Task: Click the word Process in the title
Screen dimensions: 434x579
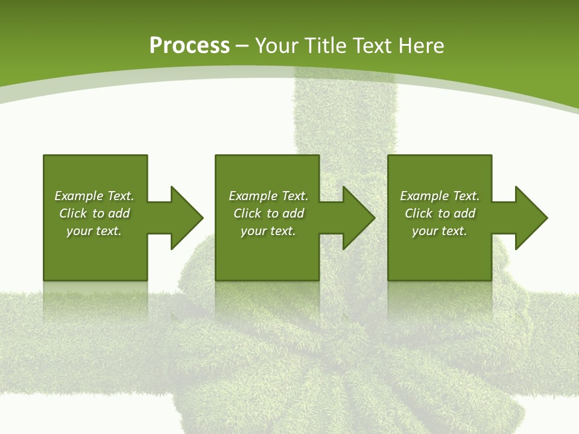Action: coord(189,46)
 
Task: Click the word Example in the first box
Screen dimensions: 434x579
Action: coord(79,196)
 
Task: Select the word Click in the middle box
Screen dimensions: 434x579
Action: coord(247,213)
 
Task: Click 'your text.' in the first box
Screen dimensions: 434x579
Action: coord(94,231)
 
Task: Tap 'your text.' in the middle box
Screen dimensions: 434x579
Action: coord(268,231)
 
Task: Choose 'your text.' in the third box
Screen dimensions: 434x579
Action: coord(440,231)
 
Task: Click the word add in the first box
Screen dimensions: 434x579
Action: coord(119,213)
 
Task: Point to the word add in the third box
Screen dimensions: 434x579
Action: coord(465,213)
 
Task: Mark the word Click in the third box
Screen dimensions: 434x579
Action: coord(419,213)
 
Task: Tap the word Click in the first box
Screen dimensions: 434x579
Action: coord(73,213)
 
